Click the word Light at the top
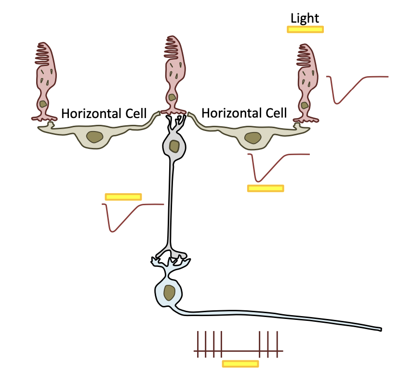[x=305, y=18]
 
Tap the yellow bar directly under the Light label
[x=305, y=29]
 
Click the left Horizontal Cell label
[x=103, y=114]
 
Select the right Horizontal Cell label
[x=244, y=113]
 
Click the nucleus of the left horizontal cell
[x=95, y=138]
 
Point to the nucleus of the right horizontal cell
[x=253, y=138]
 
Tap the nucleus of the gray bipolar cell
[x=174, y=146]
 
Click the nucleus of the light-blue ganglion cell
[x=169, y=292]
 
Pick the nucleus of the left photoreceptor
[x=43, y=104]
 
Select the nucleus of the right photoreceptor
[x=305, y=105]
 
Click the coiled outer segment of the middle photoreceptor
[x=172, y=48]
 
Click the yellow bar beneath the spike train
[x=240, y=363]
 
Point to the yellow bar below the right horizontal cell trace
[x=266, y=188]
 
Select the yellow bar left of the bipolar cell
[x=123, y=197]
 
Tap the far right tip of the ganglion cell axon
[x=380, y=330]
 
